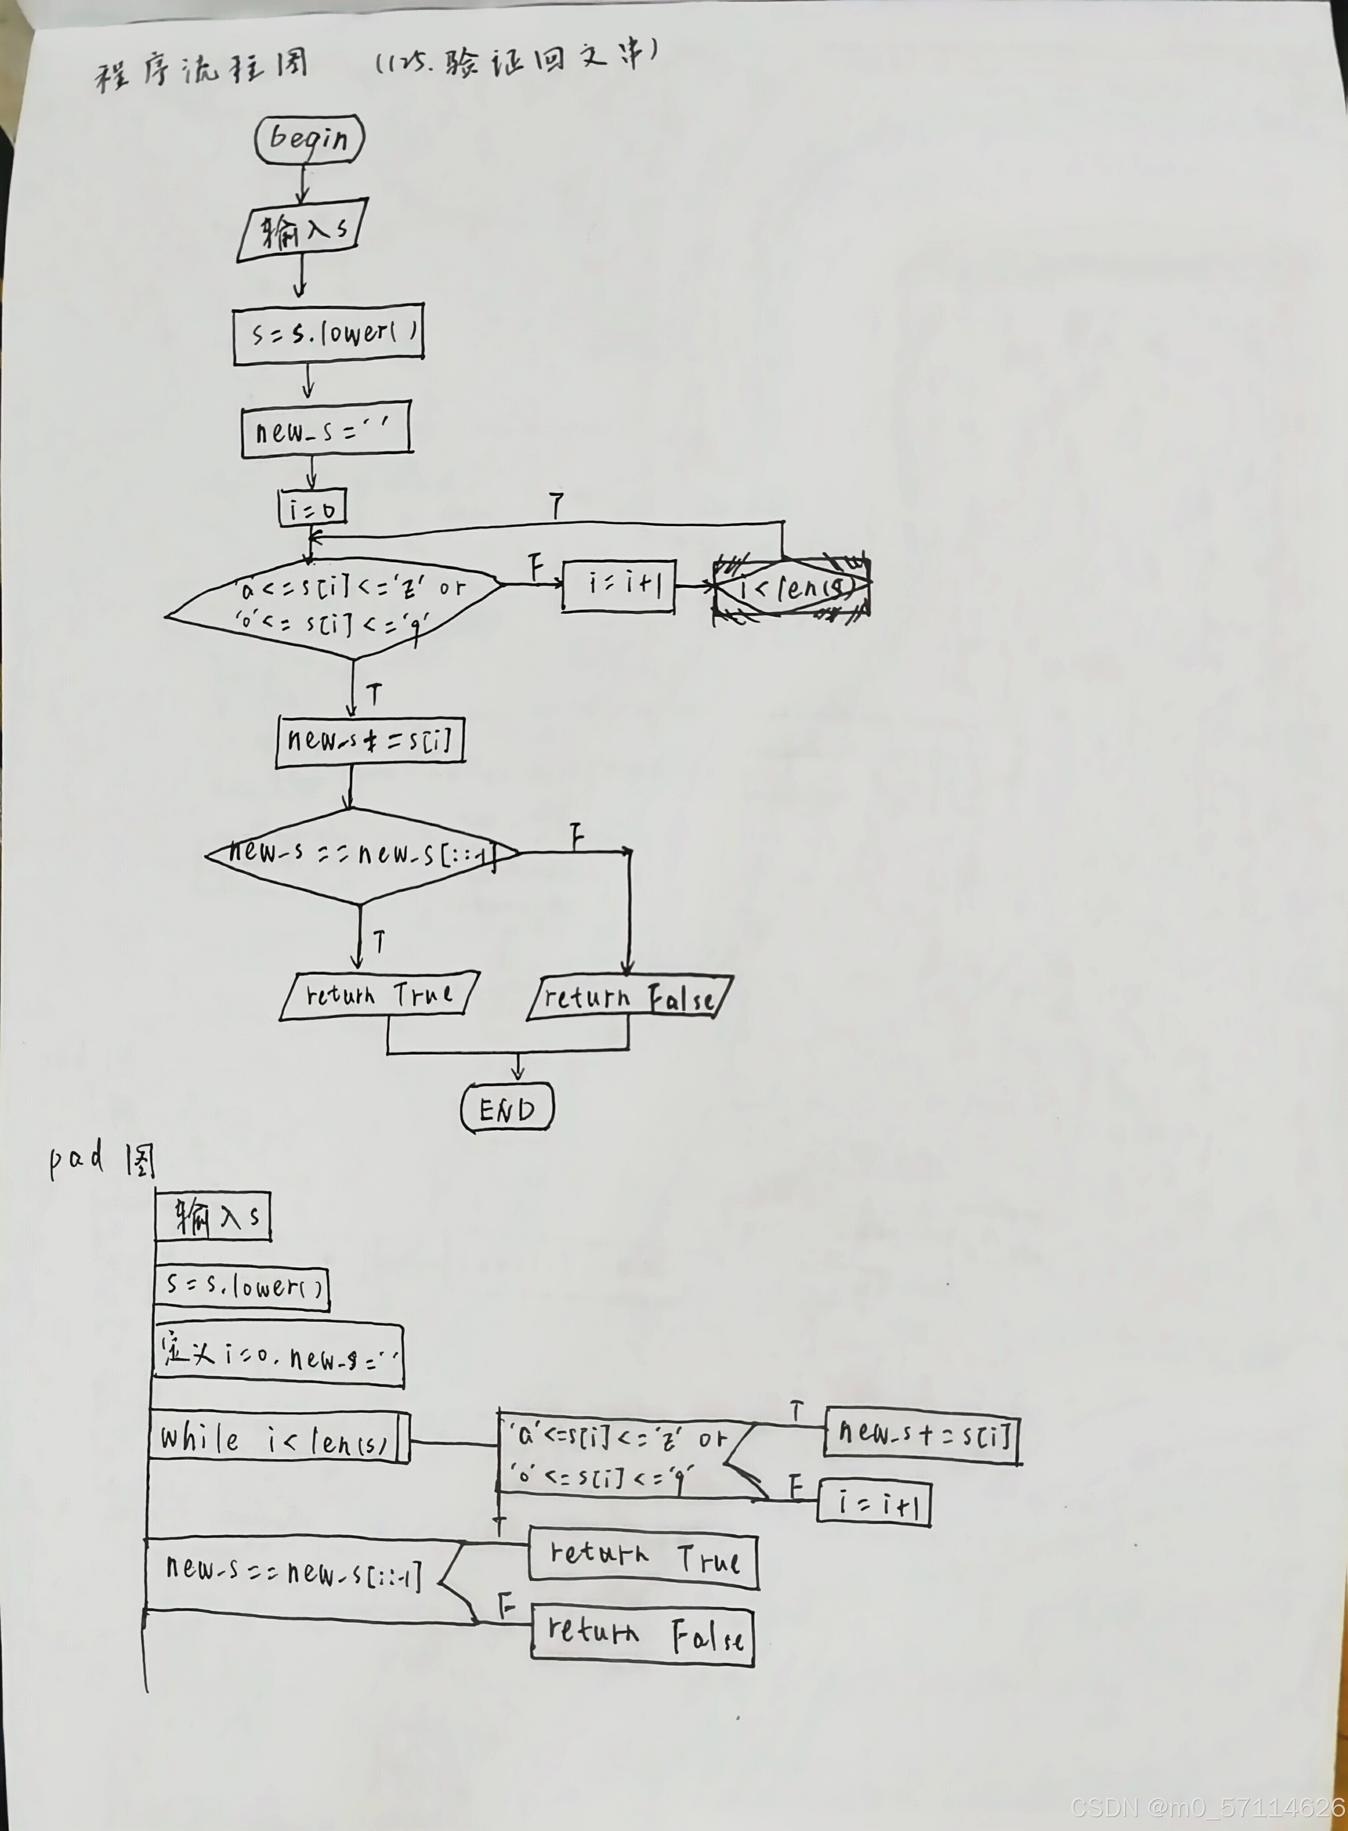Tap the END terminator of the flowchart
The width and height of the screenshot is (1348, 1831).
pyautogui.click(x=507, y=1108)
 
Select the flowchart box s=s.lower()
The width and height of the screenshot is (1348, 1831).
pyautogui.click(x=328, y=335)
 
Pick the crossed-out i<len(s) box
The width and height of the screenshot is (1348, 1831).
pyautogui.click(x=792, y=587)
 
